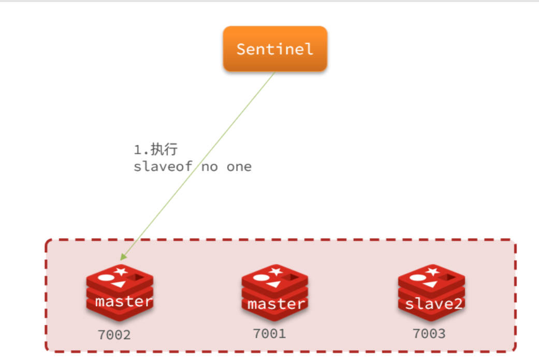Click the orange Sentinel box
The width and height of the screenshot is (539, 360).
[275, 49]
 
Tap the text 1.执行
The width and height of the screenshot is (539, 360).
[156, 150]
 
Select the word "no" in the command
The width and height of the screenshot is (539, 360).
[210, 167]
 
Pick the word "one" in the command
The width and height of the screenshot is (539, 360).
[239, 167]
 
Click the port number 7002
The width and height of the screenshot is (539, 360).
[114, 335]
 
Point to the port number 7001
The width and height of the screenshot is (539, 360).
[269, 334]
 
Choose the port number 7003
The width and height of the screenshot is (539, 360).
[429, 334]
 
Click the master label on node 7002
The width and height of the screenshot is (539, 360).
[124, 301]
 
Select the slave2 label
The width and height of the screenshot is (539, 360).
[433, 304]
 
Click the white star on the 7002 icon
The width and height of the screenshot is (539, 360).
[121, 271]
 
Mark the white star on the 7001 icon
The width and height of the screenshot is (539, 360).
[276, 271]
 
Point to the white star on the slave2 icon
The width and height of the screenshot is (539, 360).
[432, 271]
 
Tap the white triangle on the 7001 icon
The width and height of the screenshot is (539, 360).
[273, 284]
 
